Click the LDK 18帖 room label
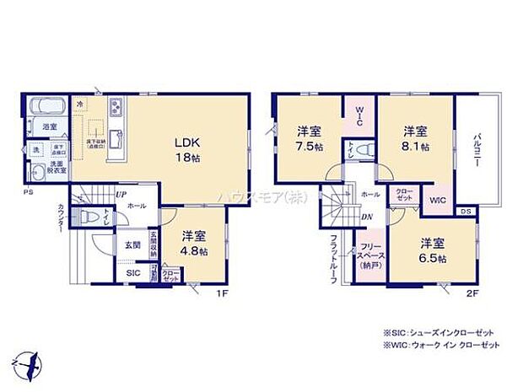click(186, 148)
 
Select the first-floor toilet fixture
click(89, 218)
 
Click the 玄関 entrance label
click(133, 245)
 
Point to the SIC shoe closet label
click(133, 273)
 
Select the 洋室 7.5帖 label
click(308, 138)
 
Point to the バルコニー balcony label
click(477, 152)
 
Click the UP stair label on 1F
click(120, 195)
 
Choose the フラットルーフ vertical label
click(335, 259)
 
